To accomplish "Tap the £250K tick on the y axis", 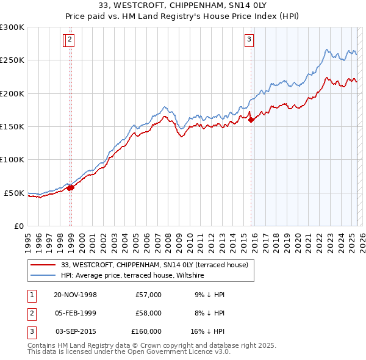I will tap(12, 60).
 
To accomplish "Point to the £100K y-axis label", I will tap(12, 159).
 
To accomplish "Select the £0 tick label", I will tap(19, 226).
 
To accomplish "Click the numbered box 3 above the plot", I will tap(249, 40).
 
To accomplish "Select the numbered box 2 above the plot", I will tap(70, 40).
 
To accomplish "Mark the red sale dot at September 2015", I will tap(251, 120).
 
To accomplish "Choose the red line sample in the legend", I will tap(43, 265).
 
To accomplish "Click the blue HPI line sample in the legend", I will tap(43, 276).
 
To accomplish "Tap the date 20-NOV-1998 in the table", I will tap(75, 295).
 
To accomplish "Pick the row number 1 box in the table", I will tap(31, 295).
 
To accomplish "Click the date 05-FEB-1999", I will tap(75, 313).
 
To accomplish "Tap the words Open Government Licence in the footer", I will tap(181, 352).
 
